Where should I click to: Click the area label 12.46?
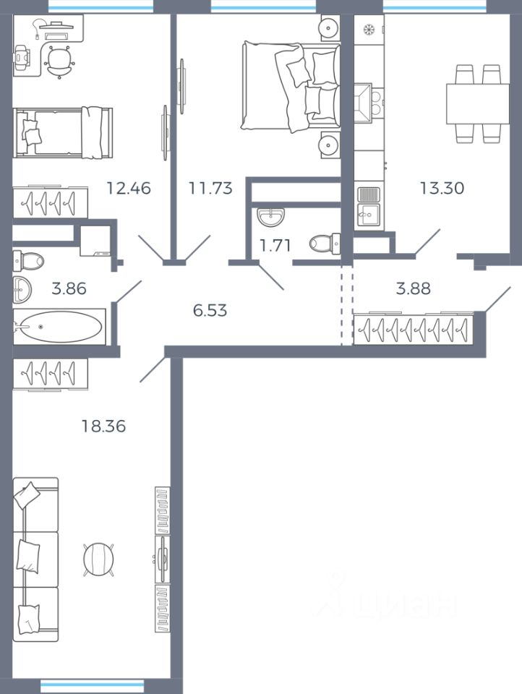[x=129, y=188]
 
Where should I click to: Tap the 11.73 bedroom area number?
[x=210, y=188]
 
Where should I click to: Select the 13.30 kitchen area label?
[x=442, y=188]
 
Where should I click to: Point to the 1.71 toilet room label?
[x=275, y=245]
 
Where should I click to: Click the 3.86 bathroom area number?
[x=69, y=288]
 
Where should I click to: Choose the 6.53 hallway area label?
[x=210, y=310]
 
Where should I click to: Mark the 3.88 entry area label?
[x=413, y=288]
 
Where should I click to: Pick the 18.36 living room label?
[x=103, y=427]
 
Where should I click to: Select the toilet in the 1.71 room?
[x=325, y=243]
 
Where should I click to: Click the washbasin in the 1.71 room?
[x=270, y=217]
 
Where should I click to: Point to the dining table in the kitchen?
[x=478, y=104]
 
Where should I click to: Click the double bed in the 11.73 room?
[x=291, y=86]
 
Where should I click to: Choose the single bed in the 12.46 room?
[x=63, y=132]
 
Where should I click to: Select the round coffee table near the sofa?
[x=98, y=560]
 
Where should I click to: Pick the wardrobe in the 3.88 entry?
[x=414, y=328]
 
